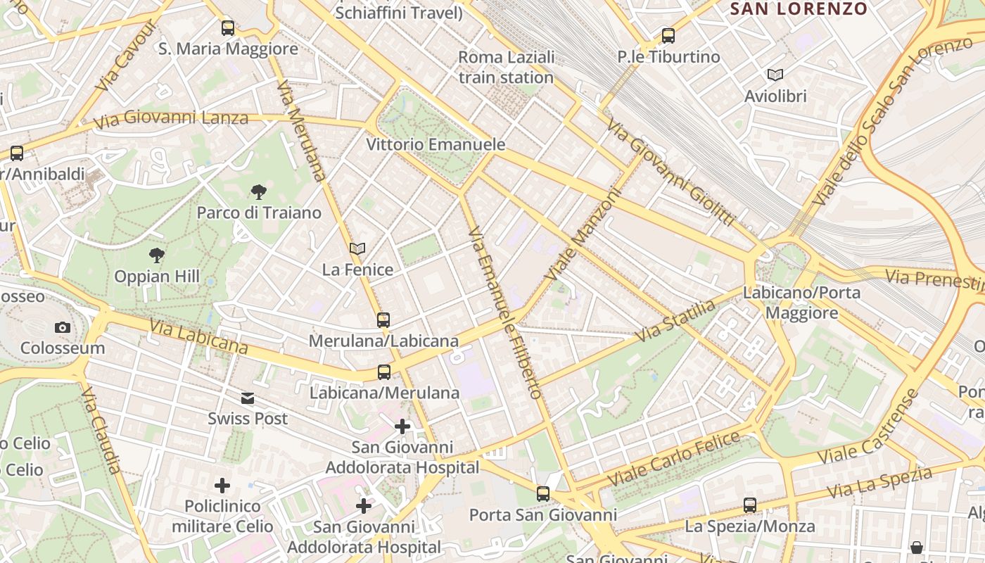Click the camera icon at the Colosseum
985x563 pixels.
click(62, 327)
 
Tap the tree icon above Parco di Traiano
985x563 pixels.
click(258, 191)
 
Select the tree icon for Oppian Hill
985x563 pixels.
click(157, 255)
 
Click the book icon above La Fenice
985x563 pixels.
click(357, 248)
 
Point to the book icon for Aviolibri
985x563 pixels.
click(775, 75)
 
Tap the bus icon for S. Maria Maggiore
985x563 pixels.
click(227, 28)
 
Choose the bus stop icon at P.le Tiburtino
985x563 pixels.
click(668, 35)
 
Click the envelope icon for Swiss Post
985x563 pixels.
click(248, 398)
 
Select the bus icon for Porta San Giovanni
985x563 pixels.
click(542, 494)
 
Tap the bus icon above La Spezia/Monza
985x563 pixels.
click(750, 505)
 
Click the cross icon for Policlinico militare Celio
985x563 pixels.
click(222, 486)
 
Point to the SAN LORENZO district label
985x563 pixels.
click(799, 9)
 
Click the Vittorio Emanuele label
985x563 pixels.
click(436, 144)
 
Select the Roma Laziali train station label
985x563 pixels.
click(506, 67)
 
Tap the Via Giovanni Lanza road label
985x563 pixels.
click(171, 118)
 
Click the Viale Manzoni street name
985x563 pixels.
click(585, 234)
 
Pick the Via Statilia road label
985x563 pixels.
click(675, 321)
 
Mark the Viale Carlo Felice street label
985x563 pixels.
click(673, 458)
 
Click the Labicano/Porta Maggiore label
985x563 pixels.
click(801, 303)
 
